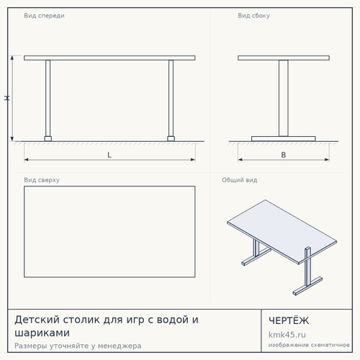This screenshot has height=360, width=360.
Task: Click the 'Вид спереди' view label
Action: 44,16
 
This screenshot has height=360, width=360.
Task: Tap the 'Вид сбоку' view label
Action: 253,16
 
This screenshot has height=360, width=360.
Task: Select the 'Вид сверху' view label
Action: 42,180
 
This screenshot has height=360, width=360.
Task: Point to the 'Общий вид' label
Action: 240,180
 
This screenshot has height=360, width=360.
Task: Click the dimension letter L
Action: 109,155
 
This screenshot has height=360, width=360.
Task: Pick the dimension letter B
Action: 284,155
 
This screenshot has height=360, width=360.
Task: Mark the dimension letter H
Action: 7,98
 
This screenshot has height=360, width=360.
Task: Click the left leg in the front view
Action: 48,98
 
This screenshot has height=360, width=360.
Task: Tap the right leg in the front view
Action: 171,98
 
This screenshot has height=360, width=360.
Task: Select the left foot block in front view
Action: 48,139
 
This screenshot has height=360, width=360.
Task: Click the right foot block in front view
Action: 171,139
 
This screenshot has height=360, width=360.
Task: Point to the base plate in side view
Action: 284,139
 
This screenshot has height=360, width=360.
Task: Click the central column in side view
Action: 284,98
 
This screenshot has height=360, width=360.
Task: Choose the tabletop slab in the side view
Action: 284,58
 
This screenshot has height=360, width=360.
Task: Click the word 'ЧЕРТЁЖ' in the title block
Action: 289,320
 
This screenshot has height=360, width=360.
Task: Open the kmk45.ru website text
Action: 287,335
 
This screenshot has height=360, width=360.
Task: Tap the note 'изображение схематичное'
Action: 309,345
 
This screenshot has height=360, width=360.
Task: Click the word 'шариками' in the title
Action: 42,333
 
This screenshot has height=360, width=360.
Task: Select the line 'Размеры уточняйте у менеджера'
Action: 78,346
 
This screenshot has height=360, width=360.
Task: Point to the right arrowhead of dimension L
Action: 193,160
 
